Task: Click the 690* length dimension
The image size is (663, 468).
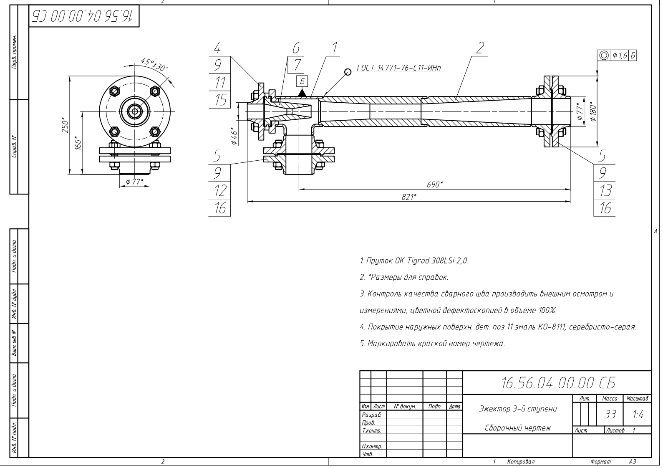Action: [434, 184]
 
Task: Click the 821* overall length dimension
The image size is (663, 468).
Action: [408, 197]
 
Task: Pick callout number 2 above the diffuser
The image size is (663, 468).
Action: [480, 48]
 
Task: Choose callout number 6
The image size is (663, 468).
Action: [296, 48]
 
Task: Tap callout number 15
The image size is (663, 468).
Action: [219, 100]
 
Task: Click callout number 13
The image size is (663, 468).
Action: [605, 190]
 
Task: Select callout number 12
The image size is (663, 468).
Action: [219, 190]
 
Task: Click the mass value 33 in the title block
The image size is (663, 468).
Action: [610, 415]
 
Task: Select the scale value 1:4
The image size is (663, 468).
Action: [637, 415]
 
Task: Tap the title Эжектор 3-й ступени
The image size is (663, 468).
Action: [517, 408]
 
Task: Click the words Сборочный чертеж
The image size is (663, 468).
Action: [517, 428]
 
